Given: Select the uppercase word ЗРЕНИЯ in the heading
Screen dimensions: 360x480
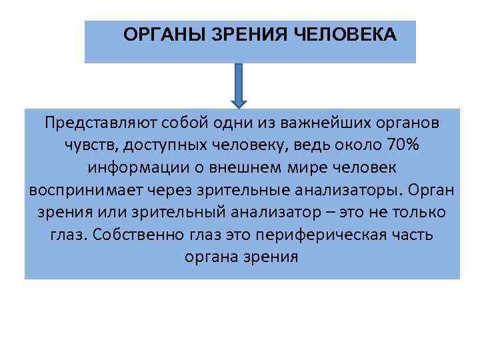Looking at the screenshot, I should point(250,34).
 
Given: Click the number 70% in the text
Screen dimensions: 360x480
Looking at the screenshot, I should point(406,145).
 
